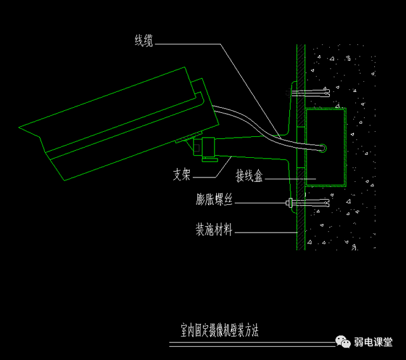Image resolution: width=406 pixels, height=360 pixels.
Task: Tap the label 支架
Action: [181, 174]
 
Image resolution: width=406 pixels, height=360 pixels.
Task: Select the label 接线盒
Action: [249, 174]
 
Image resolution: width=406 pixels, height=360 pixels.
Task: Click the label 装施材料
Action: [214, 231]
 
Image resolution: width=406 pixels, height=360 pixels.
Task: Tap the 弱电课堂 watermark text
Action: [374, 342]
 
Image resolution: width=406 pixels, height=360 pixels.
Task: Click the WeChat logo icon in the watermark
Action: [343, 342]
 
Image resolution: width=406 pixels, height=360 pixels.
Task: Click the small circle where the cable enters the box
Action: [323, 148]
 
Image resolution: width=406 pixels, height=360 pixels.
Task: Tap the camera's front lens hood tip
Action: [23, 129]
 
